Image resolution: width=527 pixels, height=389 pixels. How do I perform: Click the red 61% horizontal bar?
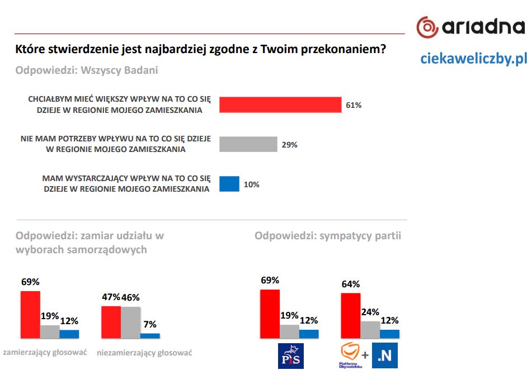coord(280,105)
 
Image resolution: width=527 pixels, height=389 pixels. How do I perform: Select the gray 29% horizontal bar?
coord(248,144)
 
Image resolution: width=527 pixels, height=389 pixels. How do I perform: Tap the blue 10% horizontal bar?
coord(229,184)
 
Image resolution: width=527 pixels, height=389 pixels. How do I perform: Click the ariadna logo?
coord(470,26)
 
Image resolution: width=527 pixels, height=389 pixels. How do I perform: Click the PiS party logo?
coord(291,356)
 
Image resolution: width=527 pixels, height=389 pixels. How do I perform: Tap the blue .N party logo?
coord(385,355)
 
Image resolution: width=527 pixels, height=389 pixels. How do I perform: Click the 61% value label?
coord(354,105)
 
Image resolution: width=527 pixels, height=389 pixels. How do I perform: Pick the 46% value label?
coord(130,297)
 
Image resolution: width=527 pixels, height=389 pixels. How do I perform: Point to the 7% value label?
coord(149,324)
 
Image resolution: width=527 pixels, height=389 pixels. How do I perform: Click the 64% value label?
coord(351,284)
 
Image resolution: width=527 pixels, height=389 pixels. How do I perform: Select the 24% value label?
coord(370,312)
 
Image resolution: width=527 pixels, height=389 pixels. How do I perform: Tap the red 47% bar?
coord(110,322)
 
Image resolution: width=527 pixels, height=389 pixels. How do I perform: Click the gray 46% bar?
coord(130,322)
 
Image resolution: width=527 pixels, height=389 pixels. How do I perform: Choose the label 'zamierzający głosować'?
coord(45,352)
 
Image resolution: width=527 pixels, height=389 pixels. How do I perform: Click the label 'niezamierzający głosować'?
coord(144,353)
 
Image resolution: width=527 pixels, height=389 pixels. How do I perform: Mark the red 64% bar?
coord(351,315)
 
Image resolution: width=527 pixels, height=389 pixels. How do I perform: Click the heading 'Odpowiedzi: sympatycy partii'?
coord(328,236)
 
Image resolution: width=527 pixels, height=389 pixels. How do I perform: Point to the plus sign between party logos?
coord(365,355)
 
